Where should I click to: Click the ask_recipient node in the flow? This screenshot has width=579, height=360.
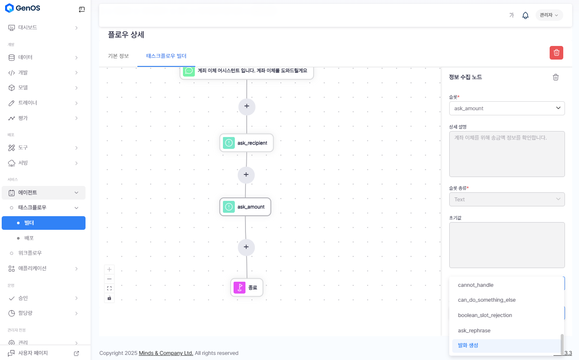[x=246, y=143]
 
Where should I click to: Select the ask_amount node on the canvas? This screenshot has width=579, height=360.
[x=245, y=207]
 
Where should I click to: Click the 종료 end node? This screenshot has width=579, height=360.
[x=247, y=288]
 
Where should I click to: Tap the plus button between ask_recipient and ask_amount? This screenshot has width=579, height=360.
[x=246, y=175]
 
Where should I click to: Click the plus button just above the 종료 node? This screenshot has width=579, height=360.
[x=246, y=247]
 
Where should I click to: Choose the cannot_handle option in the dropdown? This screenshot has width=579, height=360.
[x=476, y=285]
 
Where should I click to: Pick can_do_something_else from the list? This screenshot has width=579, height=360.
[x=487, y=300]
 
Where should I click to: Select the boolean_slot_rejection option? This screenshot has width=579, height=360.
[x=485, y=315]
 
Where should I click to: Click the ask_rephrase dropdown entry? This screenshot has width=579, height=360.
[x=474, y=331]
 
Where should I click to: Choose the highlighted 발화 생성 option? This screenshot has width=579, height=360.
[x=468, y=346]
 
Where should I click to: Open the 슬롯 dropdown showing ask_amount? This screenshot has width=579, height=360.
[x=507, y=109]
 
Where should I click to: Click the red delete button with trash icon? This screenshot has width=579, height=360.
[x=556, y=53]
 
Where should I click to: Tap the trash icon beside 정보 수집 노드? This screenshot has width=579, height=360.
[x=556, y=77]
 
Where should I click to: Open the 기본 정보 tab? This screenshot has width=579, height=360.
[x=118, y=56]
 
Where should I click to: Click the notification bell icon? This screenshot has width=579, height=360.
[x=525, y=15]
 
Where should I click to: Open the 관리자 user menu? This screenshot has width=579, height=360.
[x=549, y=15]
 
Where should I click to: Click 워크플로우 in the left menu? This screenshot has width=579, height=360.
[x=30, y=253]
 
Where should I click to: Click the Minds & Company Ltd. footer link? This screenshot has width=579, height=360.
[x=166, y=353]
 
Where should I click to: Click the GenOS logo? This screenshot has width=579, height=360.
[x=23, y=8]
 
